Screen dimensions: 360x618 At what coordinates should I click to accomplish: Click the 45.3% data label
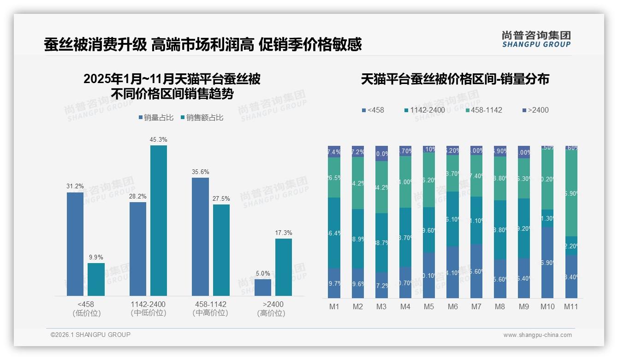[158, 139]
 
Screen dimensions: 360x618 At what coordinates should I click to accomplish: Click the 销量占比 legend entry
[156, 118]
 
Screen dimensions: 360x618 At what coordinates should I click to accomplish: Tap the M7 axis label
[476, 307]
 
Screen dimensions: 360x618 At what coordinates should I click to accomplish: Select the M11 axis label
[571, 307]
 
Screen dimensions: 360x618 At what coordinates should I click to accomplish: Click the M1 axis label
[334, 307]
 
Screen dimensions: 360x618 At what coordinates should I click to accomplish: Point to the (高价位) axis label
[271, 313]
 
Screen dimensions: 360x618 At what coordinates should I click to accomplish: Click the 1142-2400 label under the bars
[148, 305]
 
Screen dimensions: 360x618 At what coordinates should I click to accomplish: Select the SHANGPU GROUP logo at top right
[536, 39]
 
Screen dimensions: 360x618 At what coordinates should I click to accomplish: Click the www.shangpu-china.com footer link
[537, 335]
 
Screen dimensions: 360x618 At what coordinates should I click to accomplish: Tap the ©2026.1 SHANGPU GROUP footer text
[90, 335]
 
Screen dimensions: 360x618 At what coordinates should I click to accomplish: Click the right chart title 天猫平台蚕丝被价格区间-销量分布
[455, 79]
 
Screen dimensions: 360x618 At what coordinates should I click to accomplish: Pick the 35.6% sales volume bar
[200, 236]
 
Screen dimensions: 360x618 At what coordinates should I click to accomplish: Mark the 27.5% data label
[221, 198]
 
